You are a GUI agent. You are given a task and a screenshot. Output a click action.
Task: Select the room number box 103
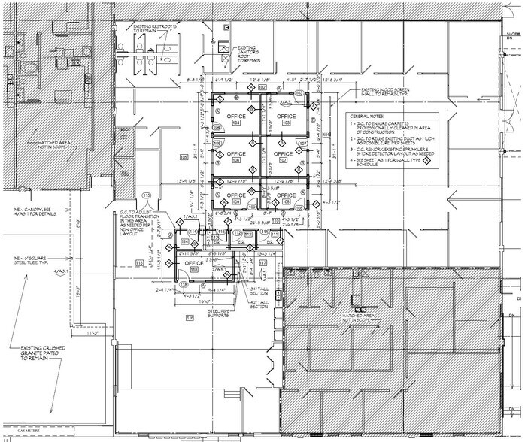(x=299, y=93)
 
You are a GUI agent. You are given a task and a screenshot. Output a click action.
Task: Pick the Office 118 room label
(x=193, y=266)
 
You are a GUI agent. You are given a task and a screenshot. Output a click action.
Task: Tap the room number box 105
(x=183, y=156)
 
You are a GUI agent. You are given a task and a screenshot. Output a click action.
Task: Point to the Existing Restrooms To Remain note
(x=154, y=29)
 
